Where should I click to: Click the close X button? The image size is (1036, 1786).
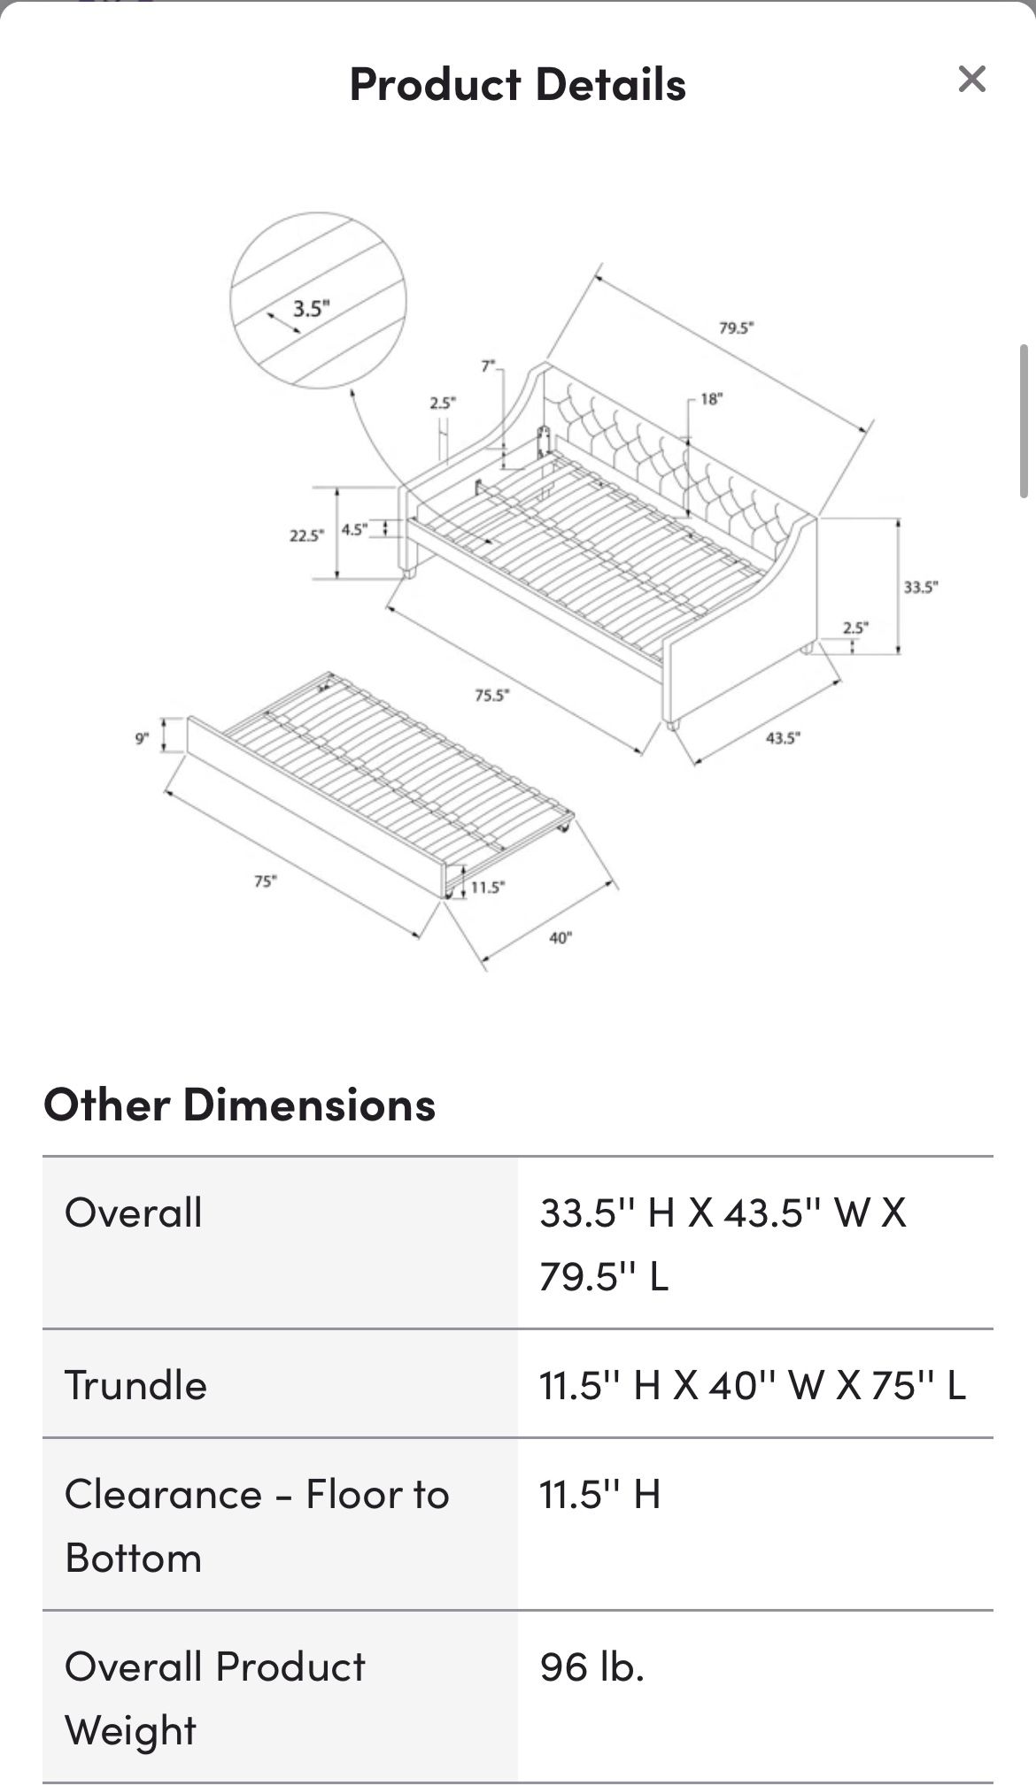(x=971, y=80)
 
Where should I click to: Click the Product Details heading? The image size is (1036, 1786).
(x=517, y=85)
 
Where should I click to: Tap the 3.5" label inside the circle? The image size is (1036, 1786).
(x=311, y=309)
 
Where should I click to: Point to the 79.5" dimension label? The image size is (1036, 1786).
(x=736, y=328)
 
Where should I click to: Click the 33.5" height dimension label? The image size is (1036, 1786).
(x=920, y=587)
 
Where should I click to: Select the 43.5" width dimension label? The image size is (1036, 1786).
(x=783, y=737)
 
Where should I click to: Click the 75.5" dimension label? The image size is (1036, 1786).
(x=491, y=696)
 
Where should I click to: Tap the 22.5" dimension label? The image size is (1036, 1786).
(x=306, y=535)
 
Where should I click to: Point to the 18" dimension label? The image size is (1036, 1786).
(x=711, y=399)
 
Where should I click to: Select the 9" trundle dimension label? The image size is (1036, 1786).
(x=142, y=737)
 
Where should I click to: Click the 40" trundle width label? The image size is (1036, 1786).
(x=561, y=937)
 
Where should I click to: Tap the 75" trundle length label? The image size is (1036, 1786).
(x=265, y=881)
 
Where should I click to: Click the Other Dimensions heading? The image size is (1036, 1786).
(x=239, y=1105)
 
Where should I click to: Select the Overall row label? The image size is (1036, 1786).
(x=134, y=1212)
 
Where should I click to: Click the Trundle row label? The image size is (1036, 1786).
(x=135, y=1385)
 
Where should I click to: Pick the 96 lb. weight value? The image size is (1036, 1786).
(x=591, y=1667)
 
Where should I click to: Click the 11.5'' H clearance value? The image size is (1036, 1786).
(x=599, y=1495)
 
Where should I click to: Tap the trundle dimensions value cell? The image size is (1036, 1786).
(x=752, y=1385)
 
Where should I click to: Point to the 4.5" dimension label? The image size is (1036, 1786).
(x=354, y=529)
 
